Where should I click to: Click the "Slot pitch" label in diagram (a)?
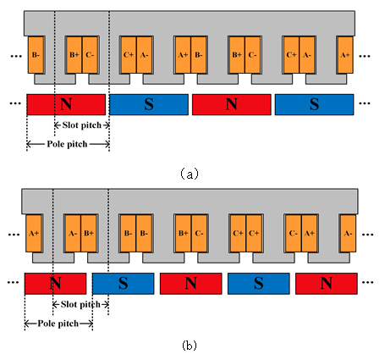[82, 125]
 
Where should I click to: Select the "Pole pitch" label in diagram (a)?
[67, 144]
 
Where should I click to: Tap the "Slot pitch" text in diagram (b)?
[80, 304]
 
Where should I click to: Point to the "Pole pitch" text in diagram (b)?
[58, 324]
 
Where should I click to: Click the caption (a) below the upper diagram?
[190, 174]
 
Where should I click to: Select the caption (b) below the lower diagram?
[190, 345]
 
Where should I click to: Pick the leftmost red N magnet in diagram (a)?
[66, 104]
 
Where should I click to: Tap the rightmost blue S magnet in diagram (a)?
[314, 104]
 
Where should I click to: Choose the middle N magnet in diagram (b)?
[191, 284]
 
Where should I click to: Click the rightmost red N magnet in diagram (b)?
[327, 284]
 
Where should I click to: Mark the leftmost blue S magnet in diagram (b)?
[124, 284]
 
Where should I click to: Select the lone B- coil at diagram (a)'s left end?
[36, 55]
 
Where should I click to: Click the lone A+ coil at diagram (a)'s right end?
[345, 55]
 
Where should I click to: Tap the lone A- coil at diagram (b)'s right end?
[348, 234]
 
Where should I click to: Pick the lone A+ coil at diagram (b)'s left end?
[34, 234]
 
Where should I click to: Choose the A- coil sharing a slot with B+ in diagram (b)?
[73, 234]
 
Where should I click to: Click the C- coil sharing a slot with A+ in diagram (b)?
[294, 234]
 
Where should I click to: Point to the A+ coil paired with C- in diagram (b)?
[309, 234]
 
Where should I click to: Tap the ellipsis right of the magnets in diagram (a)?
[365, 103]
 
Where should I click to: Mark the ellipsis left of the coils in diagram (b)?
[14, 235]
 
